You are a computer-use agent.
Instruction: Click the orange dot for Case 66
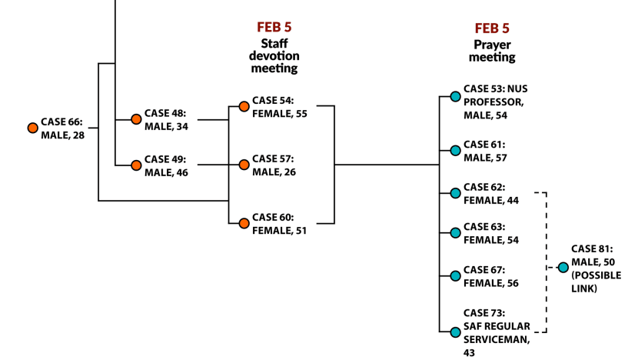point(33,128)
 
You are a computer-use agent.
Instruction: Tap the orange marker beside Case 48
point(136,119)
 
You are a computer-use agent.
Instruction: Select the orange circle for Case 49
point(136,165)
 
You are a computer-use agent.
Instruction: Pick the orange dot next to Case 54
point(244,107)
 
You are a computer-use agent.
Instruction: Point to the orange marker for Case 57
point(244,165)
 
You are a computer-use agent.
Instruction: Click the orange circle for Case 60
point(244,223)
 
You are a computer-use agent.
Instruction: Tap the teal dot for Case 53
point(456,96)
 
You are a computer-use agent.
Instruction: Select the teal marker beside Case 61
point(456,151)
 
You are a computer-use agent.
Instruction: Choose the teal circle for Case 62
point(456,193)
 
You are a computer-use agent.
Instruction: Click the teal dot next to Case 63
point(456,233)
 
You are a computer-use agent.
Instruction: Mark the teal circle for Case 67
point(456,276)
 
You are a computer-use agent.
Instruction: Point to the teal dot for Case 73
point(456,332)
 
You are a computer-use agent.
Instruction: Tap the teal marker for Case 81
point(563,268)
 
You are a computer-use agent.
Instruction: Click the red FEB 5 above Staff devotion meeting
point(274,27)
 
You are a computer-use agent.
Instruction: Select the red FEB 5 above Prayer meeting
point(492,28)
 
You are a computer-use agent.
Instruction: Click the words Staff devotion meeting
point(274,56)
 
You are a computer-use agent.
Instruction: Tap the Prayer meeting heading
point(492,51)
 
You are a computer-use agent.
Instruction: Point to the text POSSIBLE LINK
point(596,282)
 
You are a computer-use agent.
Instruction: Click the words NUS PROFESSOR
point(496,95)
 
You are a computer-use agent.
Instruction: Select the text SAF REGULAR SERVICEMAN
point(497,333)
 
